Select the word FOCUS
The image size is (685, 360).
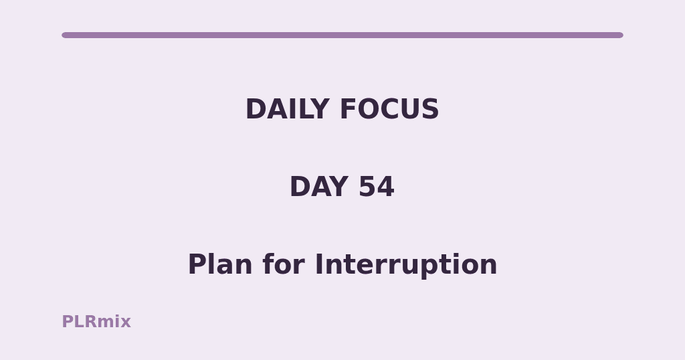(389, 109)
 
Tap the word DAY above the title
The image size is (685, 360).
(319, 187)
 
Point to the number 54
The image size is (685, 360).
(376, 187)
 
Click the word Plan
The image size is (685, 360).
(220, 264)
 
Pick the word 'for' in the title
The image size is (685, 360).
(284, 264)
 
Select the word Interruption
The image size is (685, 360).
(406, 265)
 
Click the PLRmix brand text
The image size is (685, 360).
(96, 322)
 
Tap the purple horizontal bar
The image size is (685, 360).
(342, 35)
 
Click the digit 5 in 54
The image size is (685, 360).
(367, 187)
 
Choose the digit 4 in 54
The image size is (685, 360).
(386, 187)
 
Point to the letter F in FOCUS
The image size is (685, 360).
(348, 109)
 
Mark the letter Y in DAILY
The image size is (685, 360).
(319, 109)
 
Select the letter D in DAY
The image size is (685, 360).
(300, 187)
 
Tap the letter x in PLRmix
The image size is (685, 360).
(124, 323)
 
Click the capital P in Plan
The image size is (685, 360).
(196, 264)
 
